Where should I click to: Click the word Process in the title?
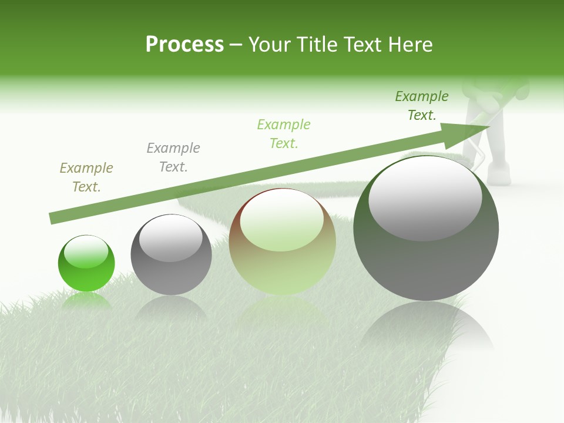(x=184, y=45)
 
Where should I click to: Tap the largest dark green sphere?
(x=426, y=258)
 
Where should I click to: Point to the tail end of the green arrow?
(x=53, y=218)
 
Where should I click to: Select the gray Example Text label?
(x=173, y=157)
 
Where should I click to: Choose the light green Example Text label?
(x=284, y=134)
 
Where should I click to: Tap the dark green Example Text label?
(x=422, y=106)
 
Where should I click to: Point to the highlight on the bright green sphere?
(x=86, y=252)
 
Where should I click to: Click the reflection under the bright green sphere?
(x=86, y=301)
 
